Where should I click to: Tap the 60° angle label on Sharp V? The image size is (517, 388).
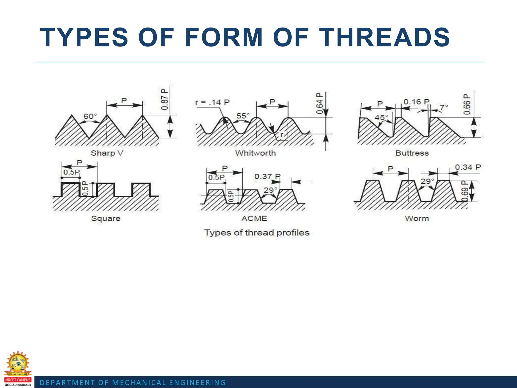pos(90,116)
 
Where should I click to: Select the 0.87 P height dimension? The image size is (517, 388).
pos(164,99)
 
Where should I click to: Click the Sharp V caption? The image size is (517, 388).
pos(107,153)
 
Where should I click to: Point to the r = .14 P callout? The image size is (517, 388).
pos(212,102)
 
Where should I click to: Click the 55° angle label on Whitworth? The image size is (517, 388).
pos(243,116)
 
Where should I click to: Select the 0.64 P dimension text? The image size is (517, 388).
pos(319,103)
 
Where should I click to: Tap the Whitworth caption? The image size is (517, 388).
pos(255,153)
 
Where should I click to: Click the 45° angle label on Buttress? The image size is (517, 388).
pos(381,117)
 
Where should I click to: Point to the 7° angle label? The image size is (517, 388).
pos(444,107)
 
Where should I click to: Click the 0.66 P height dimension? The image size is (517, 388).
pos(467,104)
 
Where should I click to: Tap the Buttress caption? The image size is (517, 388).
pos(412,153)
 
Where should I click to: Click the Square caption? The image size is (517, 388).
pos(106,219)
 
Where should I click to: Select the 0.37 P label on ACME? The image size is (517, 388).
pos(267,176)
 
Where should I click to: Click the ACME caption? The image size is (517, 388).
pos(254,219)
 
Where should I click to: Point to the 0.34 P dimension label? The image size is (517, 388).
pos(468,167)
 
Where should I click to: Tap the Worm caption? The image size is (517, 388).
pos(417,219)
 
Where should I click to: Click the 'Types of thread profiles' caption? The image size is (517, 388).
pos(257,233)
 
